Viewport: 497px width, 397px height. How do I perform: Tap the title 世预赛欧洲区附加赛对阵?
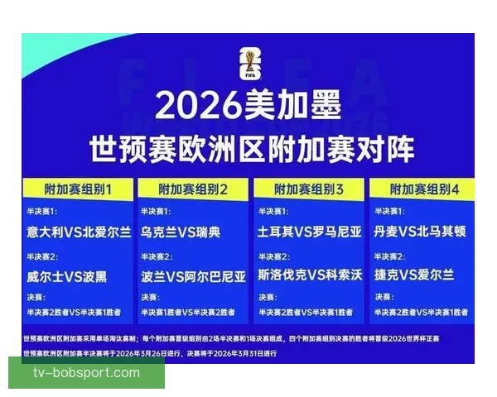pos(252,150)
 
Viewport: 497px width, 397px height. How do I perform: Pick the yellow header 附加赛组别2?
pos(193,189)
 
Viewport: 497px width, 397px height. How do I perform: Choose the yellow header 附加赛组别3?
pos(309,189)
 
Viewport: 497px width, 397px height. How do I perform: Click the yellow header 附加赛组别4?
pos(425,189)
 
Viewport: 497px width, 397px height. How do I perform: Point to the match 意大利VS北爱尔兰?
pos(78,232)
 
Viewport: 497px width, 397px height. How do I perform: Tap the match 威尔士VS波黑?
pos(66,275)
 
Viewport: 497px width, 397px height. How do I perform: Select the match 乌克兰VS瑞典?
pos(181,232)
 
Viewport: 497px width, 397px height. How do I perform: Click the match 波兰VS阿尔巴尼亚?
pos(194,275)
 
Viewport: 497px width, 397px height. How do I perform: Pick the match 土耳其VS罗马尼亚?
pos(310,232)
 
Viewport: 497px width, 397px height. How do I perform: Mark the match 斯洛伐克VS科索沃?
pos(310,275)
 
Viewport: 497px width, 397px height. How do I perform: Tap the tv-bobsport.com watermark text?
pos(87,373)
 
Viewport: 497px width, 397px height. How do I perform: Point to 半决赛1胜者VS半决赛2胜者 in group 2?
pos(192,312)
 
